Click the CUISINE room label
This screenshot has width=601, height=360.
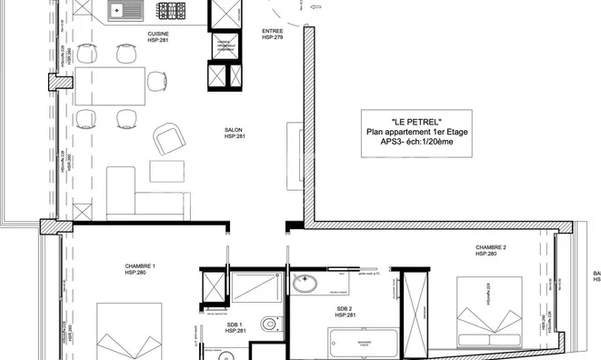(158, 35)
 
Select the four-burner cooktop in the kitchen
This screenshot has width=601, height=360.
(169, 13)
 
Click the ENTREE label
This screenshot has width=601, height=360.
(273, 31)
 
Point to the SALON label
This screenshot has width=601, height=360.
(234, 130)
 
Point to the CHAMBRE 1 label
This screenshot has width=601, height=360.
(140, 266)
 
